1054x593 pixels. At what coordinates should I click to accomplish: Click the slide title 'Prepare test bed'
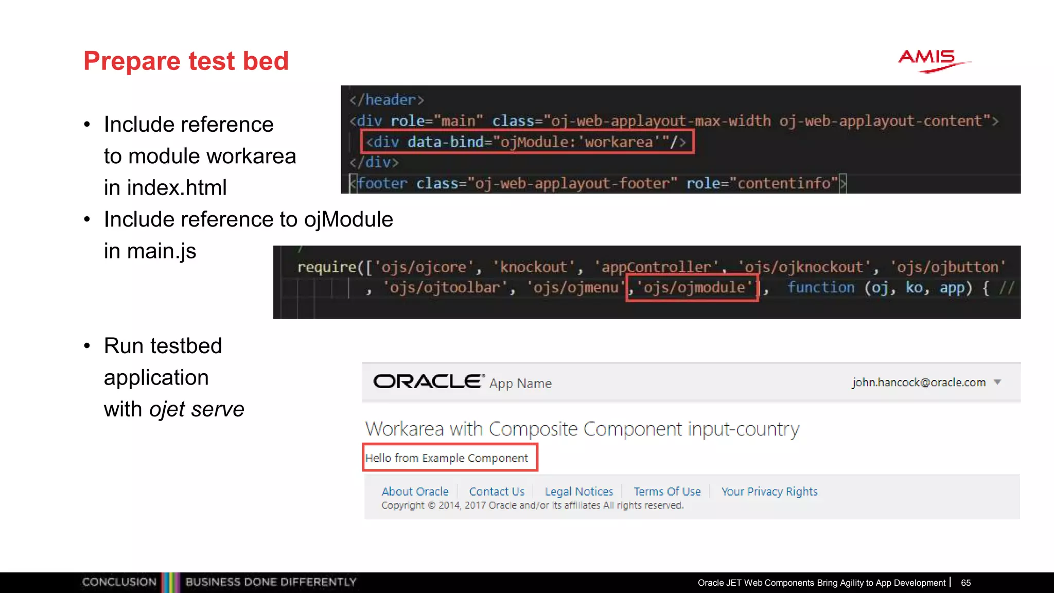[x=186, y=61]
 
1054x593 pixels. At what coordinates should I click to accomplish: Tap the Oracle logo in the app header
[x=429, y=381]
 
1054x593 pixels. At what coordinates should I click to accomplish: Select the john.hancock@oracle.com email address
[x=919, y=382]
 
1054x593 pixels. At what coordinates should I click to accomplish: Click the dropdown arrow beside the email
[x=997, y=382]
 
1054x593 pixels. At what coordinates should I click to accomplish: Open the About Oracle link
[x=415, y=492]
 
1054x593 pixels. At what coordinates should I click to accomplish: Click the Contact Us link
[x=497, y=492]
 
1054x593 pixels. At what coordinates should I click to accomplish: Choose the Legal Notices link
[x=579, y=492]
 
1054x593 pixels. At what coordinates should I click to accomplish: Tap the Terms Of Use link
[x=667, y=492]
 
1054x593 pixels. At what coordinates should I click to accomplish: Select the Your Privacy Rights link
[x=769, y=492]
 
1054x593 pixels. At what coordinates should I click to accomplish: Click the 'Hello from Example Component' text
[x=447, y=458]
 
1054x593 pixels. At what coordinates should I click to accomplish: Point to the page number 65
[x=965, y=583]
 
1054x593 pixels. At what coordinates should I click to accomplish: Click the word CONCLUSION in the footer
[x=119, y=582]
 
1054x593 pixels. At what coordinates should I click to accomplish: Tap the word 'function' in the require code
[x=820, y=288]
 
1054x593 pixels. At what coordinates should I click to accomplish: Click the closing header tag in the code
[x=387, y=100]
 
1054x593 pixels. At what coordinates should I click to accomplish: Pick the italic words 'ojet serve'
[x=197, y=409]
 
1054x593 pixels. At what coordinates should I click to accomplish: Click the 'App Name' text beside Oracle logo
[x=520, y=383]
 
